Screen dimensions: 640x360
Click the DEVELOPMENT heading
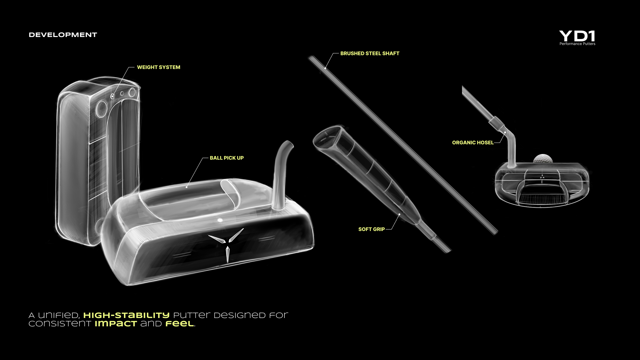[63, 35]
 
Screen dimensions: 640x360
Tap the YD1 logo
[577, 36]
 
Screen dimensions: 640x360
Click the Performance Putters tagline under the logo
[577, 44]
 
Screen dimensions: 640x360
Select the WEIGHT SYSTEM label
[159, 67]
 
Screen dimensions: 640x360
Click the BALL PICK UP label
[227, 158]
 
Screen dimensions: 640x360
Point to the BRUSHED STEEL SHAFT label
[370, 53]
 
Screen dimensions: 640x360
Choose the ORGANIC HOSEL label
[473, 143]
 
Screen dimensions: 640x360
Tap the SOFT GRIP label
[371, 229]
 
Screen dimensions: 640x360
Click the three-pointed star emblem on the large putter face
[227, 243]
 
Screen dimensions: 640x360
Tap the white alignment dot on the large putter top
[220, 220]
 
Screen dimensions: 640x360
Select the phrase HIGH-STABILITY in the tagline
[126, 315]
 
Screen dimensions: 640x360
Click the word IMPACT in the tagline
[116, 324]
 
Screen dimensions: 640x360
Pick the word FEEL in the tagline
[179, 324]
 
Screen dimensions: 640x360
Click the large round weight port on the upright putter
[101, 108]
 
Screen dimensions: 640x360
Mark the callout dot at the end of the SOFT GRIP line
[399, 214]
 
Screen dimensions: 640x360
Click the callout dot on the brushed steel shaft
[325, 68]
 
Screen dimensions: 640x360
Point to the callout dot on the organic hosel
[505, 132]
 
